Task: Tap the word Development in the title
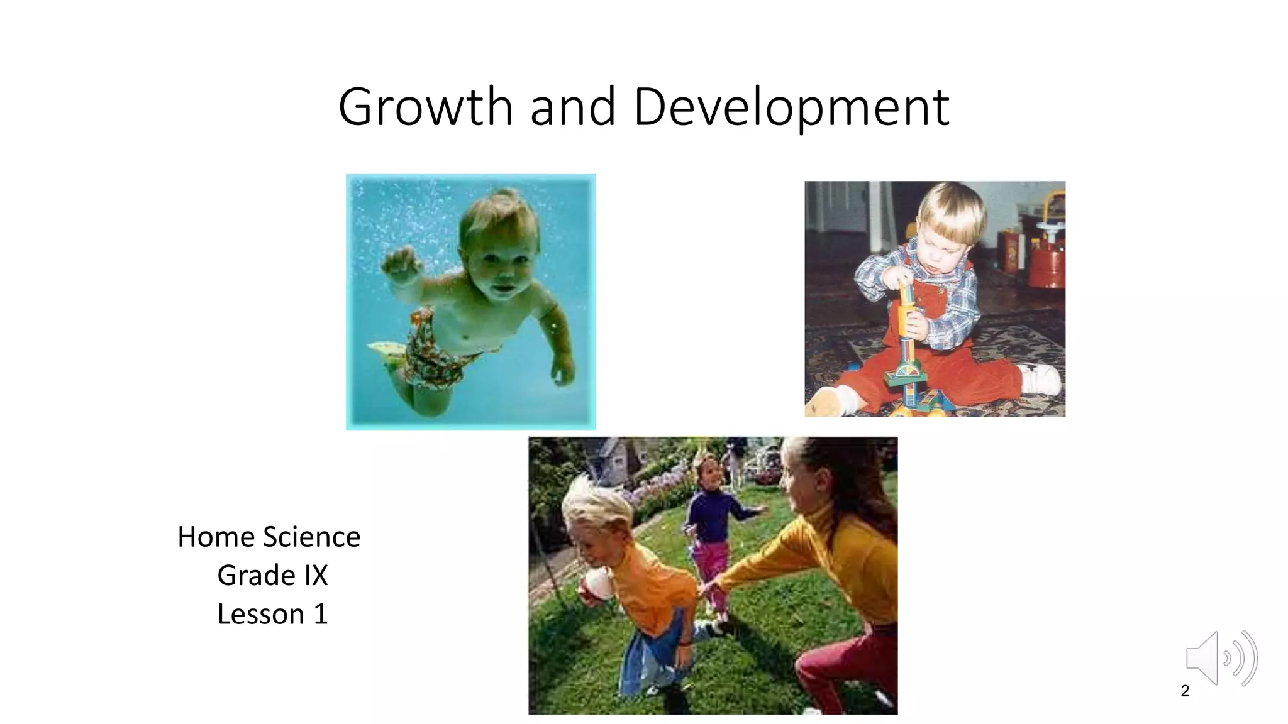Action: tap(791, 107)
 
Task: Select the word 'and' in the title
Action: tap(572, 107)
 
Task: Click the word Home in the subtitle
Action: tap(216, 537)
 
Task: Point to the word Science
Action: tap(312, 537)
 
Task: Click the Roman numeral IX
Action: tap(316, 575)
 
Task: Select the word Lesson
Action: tap(260, 614)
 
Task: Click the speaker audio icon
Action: tap(1220, 658)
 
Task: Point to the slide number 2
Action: tap(1185, 691)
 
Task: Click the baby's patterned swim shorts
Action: tap(434, 352)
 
